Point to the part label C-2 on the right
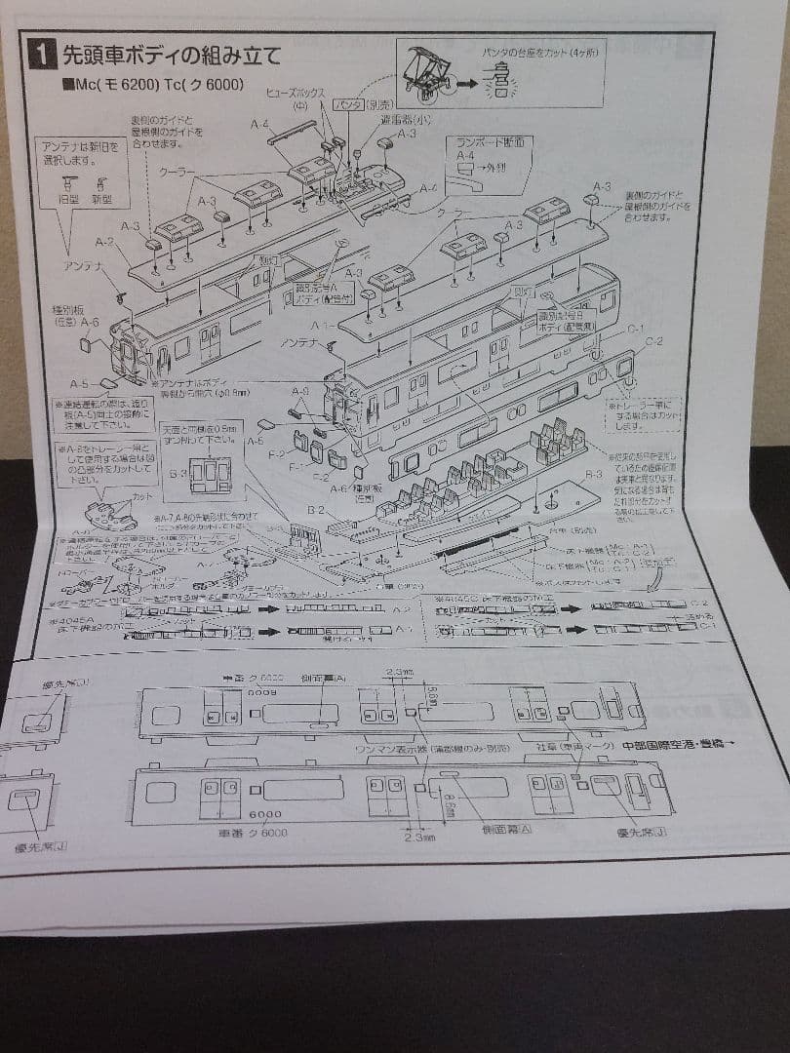[x=653, y=341]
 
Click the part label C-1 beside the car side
[x=634, y=328]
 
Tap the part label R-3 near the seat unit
[x=593, y=473]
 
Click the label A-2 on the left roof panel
[x=104, y=242]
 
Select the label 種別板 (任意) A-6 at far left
[x=74, y=314]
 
